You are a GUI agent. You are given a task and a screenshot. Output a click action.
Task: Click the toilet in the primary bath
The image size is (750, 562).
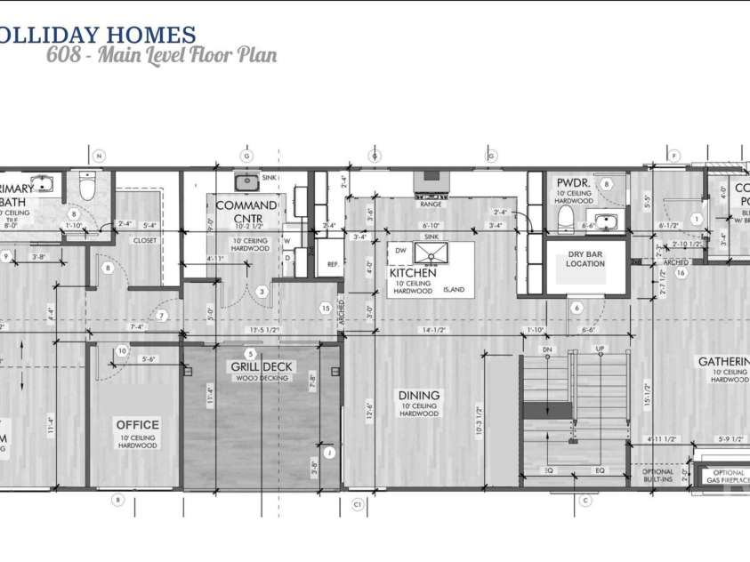[87, 188]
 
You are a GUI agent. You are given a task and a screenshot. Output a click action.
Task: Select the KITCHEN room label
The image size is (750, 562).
[413, 274]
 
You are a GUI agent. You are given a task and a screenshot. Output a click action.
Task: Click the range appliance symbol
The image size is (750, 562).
[431, 183]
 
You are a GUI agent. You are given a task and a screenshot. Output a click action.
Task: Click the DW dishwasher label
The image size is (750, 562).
[402, 252]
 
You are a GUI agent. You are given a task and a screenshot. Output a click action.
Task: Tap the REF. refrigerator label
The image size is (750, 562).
[334, 264]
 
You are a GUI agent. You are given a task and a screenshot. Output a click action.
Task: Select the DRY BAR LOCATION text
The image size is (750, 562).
[586, 259]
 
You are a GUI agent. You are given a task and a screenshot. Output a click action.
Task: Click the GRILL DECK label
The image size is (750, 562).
[262, 367]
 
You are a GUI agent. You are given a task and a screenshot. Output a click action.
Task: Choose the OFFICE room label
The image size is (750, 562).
[138, 425]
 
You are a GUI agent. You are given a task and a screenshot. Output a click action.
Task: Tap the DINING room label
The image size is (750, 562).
[417, 396]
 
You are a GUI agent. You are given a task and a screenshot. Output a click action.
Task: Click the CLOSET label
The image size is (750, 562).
[145, 241]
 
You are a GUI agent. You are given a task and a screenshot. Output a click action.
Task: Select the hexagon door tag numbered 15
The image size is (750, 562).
[326, 308]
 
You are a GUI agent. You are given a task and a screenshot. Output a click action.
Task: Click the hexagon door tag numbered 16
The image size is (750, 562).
[681, 273]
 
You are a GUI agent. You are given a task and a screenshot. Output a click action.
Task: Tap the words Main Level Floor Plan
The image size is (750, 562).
[187, 55]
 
